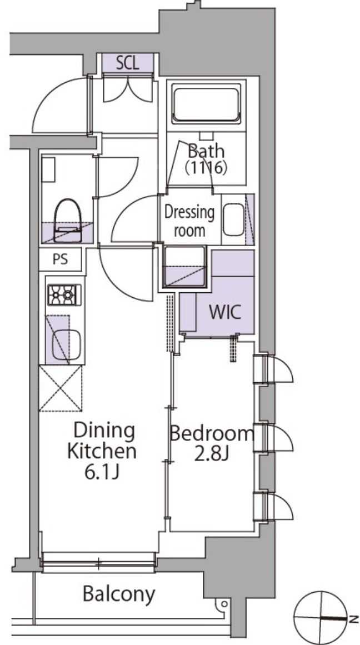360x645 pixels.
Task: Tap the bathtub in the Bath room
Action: [207, 104]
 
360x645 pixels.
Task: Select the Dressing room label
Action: [189, 221]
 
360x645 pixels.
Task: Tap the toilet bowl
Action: [68, 221]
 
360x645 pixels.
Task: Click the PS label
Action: [61, 260]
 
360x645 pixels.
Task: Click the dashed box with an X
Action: [61, 388]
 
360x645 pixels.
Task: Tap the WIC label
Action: [224, 313]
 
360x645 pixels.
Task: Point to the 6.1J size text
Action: [102, 473]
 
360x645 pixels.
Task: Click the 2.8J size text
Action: [212, 454]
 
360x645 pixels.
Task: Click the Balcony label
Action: [119, 593]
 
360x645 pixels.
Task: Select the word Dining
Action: [104, 432]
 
